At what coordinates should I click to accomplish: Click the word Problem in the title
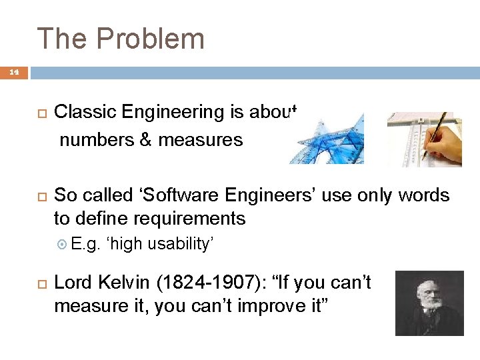click(150, 38)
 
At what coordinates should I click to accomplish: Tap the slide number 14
click(14, 71)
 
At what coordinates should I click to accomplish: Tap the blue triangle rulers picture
click(327, 139)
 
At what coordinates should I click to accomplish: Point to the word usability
click(180, 244)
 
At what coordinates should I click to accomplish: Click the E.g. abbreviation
click(85, 244)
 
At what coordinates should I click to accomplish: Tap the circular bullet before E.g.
click(63, 245)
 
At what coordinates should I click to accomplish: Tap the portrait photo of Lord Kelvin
click(429, 303)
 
